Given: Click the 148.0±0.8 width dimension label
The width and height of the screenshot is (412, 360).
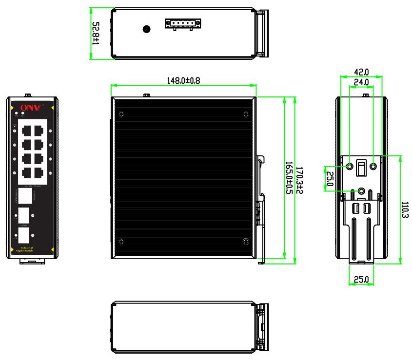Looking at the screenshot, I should click(183, 80).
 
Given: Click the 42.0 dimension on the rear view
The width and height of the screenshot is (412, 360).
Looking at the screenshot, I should click(361, 71).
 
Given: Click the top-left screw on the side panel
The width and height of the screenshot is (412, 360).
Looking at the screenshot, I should click(121, 115).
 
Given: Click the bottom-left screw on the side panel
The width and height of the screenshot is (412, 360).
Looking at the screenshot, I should click(121, 242).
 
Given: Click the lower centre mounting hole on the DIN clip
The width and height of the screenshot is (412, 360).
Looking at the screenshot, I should click(362, 191).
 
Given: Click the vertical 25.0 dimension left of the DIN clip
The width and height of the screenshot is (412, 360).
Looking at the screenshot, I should click(329, 178).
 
